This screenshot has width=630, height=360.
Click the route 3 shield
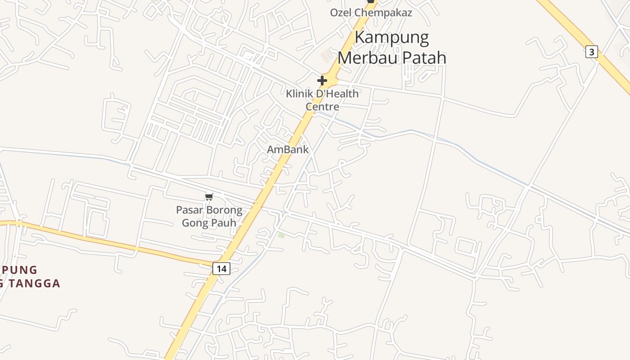pos(592,52)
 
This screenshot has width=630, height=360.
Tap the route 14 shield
pos(221,269)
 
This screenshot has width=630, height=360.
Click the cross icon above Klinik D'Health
pos(322,81)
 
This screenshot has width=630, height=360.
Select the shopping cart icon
pos(209,197)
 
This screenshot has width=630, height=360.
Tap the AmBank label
pos(288,149)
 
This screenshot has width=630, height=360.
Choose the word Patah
pos(425,58)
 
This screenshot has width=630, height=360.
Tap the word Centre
pos(322,107)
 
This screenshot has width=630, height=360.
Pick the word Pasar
pos(189,210)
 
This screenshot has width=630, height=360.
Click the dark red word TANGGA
pos(36,283)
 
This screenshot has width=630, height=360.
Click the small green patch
pos(281,235)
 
